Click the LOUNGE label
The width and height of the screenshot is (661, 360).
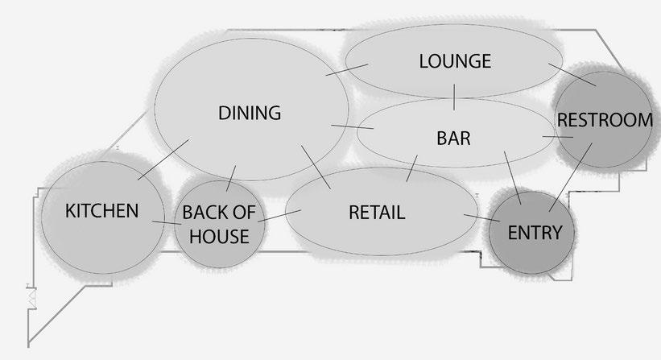455,61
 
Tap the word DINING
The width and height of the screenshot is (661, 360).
250,114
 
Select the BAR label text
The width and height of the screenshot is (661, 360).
453,139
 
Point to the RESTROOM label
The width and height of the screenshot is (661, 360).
605,121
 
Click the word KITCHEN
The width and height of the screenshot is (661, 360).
101,211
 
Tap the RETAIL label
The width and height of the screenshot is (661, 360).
377,213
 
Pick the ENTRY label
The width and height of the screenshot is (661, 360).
535,233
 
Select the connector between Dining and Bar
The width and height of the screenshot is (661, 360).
352,127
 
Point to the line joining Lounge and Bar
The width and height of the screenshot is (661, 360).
455,96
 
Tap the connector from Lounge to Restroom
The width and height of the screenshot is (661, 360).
572,74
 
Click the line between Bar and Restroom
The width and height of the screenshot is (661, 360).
557,138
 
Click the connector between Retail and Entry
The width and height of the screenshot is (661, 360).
483,218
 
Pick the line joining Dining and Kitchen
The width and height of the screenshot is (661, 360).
163,159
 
